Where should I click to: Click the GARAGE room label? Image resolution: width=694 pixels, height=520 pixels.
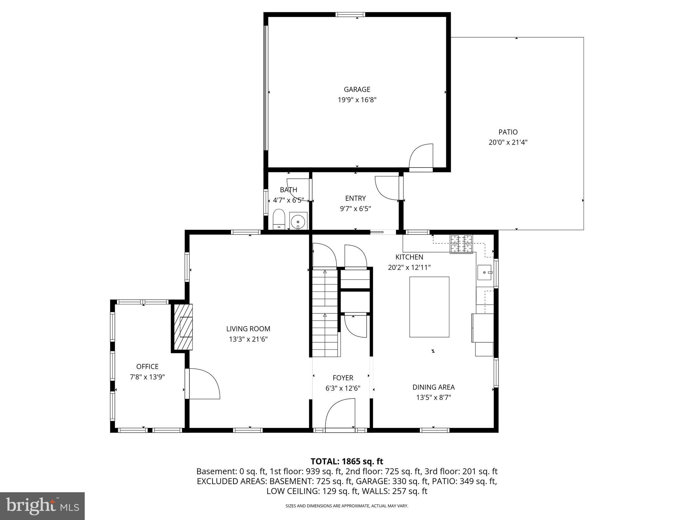tap(357, 89)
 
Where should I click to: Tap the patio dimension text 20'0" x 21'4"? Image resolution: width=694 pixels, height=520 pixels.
tap(508, 143)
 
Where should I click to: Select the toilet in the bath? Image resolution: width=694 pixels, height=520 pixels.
tap(279, 219)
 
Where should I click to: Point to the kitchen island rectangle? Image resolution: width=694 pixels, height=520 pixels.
tap(429, 307)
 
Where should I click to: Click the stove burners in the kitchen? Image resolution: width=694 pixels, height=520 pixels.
tap(461, 244)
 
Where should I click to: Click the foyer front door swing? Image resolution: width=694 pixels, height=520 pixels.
tap(340, 414)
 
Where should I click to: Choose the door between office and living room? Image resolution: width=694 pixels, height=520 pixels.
tap(202, 384)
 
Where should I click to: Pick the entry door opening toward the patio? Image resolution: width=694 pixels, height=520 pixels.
tap(388, 188)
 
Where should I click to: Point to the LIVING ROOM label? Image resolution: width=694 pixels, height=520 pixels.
tap(248, 329)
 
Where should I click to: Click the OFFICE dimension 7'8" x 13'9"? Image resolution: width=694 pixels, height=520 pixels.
tap(147, 377)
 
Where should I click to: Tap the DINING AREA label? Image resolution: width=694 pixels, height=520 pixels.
tap(433, 387)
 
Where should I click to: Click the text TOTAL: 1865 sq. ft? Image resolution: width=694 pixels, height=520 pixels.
tap(347, 461)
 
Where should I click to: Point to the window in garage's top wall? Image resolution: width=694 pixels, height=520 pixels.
tap(350, 15)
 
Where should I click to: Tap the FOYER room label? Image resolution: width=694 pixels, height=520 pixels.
tap(343, 378)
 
